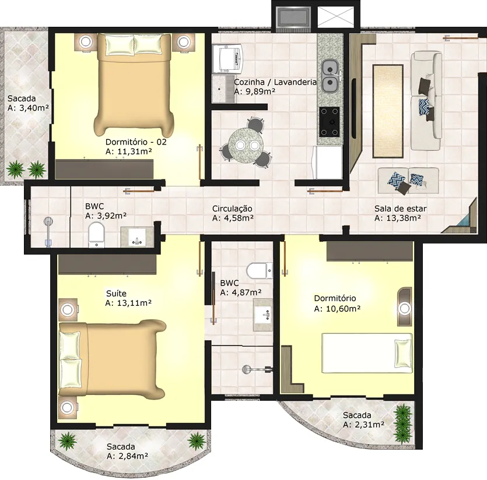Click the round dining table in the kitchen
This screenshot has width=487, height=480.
pos(246,145)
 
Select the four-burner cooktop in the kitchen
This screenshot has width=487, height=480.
pos(330,122)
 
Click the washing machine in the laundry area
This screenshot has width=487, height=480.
pos(227,58)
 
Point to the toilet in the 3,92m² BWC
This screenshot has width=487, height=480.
pos(97,235)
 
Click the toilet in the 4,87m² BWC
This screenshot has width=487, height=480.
pos(260,270)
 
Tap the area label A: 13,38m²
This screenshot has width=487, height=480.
pos(398,218)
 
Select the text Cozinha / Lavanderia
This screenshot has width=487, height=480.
pos(275,82)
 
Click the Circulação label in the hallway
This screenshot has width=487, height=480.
pos(232,209)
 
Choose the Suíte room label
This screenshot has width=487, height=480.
pos(116,293)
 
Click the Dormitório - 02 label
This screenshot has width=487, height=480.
pos(136,142)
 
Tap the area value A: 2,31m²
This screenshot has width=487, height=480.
pos(364,425)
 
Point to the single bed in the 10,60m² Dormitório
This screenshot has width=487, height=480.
pos(367,353)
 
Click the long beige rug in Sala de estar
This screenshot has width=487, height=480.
pos(388,111)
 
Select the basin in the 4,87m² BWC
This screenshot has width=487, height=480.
pos(263,315)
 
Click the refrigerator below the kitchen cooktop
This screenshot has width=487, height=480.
pos(327,162)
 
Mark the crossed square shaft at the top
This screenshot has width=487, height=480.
pos(336,17)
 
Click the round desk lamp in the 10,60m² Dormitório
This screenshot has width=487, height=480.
pos(405,308)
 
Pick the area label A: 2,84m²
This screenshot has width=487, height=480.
pos(127,456)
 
